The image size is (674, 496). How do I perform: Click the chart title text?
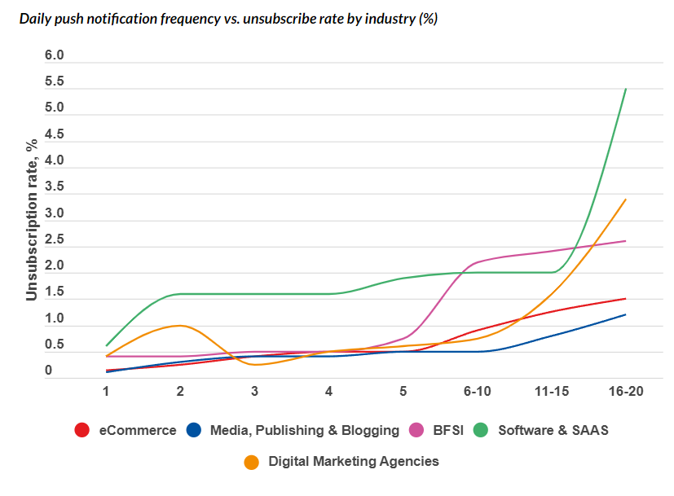(228, 19)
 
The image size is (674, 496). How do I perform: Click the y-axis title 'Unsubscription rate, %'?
(32, 221)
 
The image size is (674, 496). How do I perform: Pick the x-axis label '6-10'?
(477, 392)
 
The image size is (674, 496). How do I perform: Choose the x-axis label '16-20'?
(625, 392)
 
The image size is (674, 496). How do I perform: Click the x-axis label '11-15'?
(551, 392)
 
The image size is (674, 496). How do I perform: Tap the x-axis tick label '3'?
(255, 392)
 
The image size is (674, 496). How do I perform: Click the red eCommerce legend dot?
(81, 430)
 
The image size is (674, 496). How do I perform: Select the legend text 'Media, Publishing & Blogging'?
(304, 430)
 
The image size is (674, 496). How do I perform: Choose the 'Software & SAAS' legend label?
(553, 430)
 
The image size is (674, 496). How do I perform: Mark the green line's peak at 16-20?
(625, 89)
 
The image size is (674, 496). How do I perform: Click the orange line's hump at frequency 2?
(179, 326)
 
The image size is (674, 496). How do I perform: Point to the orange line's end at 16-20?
(625, 200)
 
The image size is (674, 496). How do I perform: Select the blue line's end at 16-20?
(625, 314)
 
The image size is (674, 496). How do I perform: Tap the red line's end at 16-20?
(625, 298)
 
